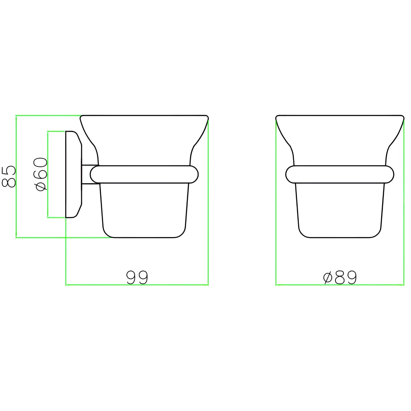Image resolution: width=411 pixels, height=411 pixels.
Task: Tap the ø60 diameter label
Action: tap(41, 174)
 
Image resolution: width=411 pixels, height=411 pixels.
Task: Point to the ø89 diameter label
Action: tap(340, 277)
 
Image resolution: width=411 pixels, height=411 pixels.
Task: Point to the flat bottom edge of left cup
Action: tap(144, 237)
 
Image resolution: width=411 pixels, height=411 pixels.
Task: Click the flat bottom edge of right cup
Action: tap(340, 237)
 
